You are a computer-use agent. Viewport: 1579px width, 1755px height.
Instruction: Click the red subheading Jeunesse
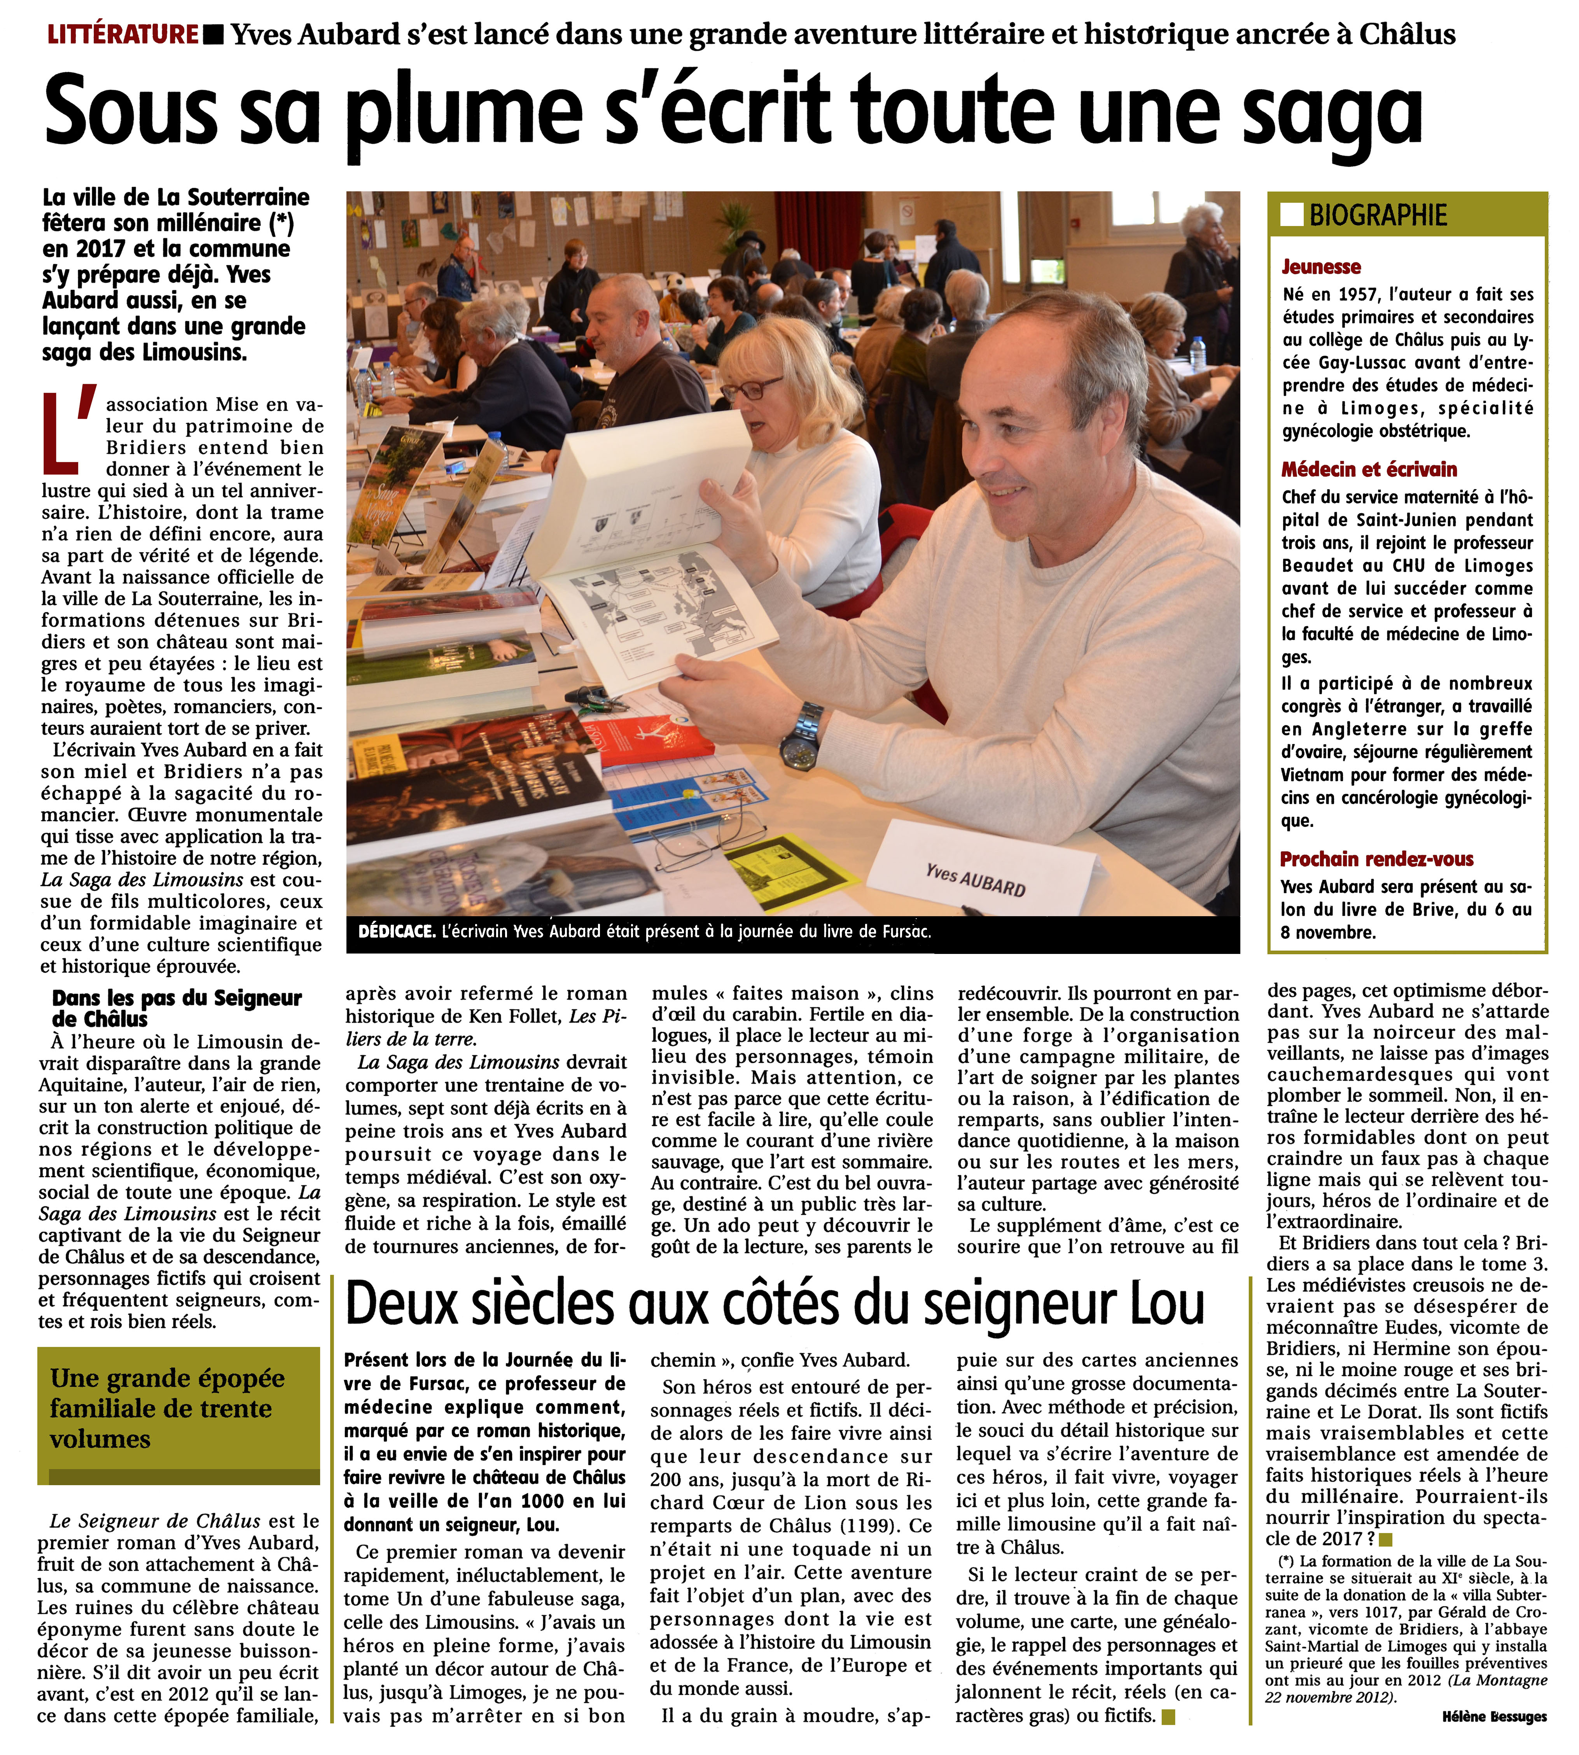[x=1321, y=266]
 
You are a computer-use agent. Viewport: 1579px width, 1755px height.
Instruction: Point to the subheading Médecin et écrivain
[x=1369, y=469]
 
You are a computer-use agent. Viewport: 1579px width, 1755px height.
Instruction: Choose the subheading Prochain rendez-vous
[x=1377, y=859]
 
